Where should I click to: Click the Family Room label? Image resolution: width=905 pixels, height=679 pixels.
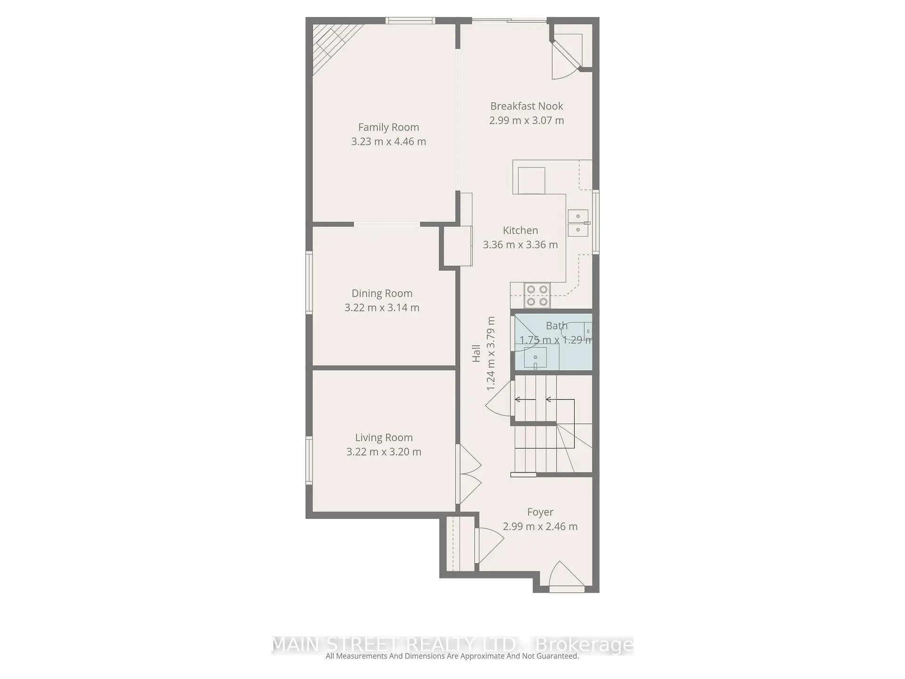[x=388, y=127]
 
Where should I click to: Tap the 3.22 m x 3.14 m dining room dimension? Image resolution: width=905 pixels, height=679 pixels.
[x=382, y=307]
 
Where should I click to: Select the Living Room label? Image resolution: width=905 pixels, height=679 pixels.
[x=384, y=438]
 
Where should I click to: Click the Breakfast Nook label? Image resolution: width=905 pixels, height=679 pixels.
[x=527, y=107]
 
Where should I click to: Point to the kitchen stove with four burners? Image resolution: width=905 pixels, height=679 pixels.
[x=537, y=296]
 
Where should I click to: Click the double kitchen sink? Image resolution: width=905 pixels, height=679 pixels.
[x=578, y=223]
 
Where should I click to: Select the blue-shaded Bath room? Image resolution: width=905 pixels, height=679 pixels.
[x=552, y=342]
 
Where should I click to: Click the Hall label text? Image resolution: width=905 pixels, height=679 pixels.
[x=477, y=354]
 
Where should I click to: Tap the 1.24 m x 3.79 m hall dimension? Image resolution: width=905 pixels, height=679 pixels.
[x=491, y=354]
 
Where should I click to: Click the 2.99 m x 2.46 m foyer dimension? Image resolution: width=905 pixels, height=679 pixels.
[x=540, y=527]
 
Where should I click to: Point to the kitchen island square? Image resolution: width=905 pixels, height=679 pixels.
[x=531, y=180]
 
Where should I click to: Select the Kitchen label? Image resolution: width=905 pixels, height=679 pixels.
[x=520, y=231]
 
